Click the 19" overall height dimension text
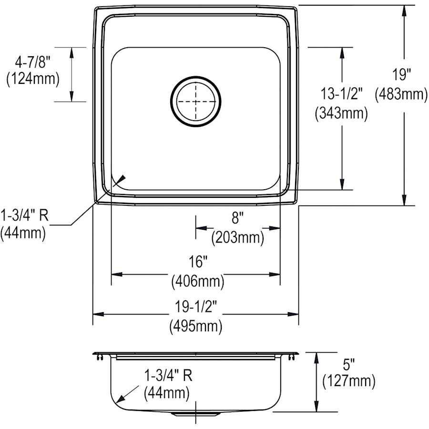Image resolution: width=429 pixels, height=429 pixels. coord(402,75)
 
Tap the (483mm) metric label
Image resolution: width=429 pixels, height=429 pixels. coord(401,94)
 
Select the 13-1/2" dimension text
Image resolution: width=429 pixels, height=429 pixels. coord(341,93)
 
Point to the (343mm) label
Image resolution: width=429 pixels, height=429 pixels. coord(341,113)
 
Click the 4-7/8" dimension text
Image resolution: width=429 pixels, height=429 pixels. coord(33,62)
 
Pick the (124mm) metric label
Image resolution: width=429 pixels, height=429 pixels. coord(33,79)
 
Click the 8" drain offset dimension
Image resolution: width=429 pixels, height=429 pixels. coord(237,218)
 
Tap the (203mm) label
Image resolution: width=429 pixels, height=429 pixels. coord(237,237)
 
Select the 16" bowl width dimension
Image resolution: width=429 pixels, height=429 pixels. coord(198,262)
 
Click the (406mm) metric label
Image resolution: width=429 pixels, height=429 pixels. coord(197,281)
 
